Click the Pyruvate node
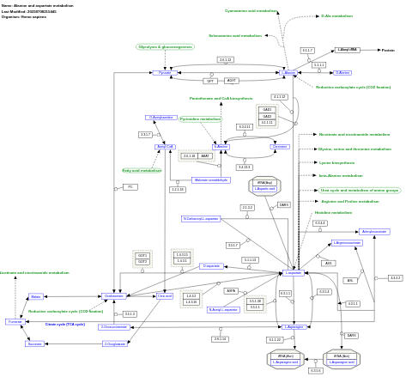[x=165, y=73]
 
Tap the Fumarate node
[x=14, y=321]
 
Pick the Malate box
[x=35, y=296]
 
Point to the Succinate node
[x=34, y=343]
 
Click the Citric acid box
[x=164, y=295]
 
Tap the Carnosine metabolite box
[x=280, y=147]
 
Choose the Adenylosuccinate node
[x=374, y=231]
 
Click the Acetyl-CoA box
[x=165, y=147]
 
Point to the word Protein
[x=388, y=50]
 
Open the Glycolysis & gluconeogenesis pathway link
[x=165, y=46]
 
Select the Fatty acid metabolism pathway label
[x=142, y=170]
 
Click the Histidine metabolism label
[x=333, y=212]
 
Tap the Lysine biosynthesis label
[x=336, y=162]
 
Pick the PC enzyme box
[x=130, y=186]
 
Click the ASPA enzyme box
[x=231, y=291]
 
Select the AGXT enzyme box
[x=231, y=81]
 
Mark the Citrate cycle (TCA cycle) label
[x=65, y=325]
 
